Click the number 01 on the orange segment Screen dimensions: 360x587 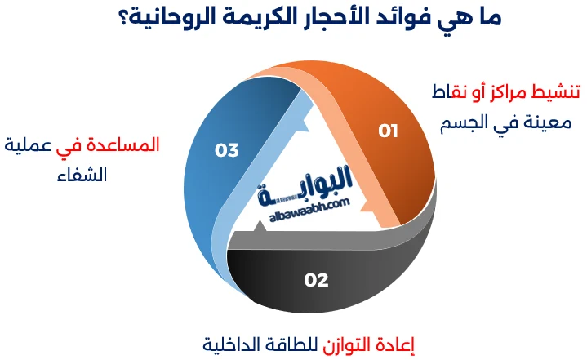pos(388,131)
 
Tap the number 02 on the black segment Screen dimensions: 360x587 pos(316,280)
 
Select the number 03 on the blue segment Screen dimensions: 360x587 pos(226,149)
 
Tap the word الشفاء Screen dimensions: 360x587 pos(84,174)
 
